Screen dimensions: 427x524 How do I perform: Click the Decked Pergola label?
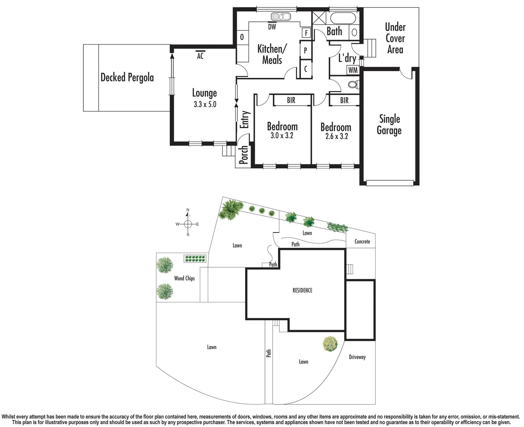pos(127,77)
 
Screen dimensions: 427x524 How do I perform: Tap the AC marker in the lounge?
pos(200,55)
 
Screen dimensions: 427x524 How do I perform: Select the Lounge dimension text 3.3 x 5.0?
pos(205,105)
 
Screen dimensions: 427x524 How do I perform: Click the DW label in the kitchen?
pos(272,27)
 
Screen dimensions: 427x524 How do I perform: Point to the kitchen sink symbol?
pos(280,17)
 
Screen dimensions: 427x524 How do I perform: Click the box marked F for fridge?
pos(306,33)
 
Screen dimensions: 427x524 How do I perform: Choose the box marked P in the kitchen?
pos(305,51)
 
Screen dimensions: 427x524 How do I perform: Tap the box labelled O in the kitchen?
pos(242,37)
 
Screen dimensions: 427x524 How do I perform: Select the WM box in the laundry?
pos(353,70)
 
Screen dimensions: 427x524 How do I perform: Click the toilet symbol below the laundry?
pos(353,84)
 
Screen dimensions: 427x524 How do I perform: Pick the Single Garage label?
pos(389,125)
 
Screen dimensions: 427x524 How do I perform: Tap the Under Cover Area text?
pos(395,38)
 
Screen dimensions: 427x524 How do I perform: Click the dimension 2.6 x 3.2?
pos(336,136)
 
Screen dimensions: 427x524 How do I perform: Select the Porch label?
pos(244,155)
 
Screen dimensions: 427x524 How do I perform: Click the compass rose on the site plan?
pos(188,224)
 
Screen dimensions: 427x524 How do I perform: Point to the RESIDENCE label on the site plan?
pos(302,290)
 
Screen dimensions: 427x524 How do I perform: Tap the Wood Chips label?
pos(184,278)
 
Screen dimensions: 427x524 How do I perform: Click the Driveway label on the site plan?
pos(357,357)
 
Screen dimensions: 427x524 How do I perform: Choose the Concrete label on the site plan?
pos(362,242)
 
